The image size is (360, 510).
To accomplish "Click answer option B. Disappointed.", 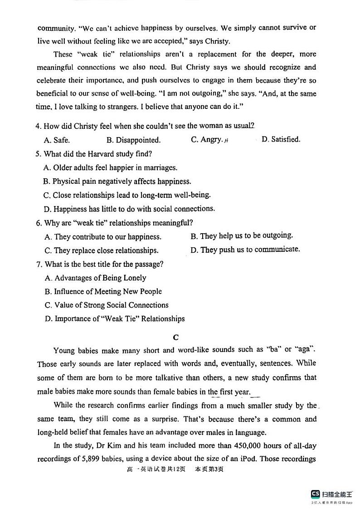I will (133, 140).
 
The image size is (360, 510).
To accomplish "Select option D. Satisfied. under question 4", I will (281, 140).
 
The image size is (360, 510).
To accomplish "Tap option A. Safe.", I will (57, 140).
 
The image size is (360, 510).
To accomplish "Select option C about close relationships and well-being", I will (127, 195).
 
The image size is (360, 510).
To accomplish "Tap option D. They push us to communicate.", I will (245, 250).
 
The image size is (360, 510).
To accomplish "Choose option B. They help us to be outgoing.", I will (242, 236).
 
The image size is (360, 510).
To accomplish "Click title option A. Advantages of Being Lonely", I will (95, 278).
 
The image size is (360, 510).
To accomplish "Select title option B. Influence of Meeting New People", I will (103, 291).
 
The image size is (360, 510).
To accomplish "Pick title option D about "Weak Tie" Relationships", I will (115, 319).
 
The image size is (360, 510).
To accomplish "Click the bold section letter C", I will (176, 337).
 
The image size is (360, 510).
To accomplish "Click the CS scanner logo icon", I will (315, 494).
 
